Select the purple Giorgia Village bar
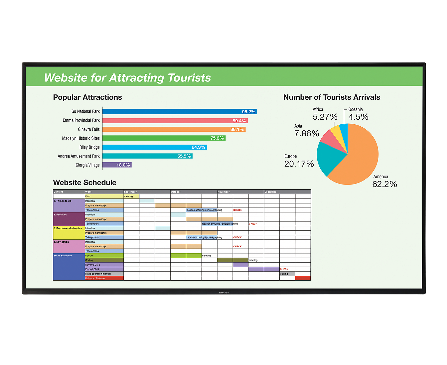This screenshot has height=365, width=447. [117, 165]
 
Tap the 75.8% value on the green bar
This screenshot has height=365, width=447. [217, 138]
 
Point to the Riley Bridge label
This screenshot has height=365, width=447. [89, 147]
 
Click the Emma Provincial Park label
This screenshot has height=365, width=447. [81, 120]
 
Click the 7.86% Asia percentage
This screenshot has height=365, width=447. [307, 134]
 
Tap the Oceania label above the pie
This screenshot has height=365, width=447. [356, 109]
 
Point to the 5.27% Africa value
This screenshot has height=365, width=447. [325, 117]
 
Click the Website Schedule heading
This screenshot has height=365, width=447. [85, 182]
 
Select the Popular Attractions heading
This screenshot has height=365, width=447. [87, 97]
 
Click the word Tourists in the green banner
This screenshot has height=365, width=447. [189, 78]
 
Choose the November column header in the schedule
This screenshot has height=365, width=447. [223, 192]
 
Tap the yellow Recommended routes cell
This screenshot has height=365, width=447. [69, 233]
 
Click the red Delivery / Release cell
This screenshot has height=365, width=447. [104, 278]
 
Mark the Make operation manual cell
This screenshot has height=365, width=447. [104, 274]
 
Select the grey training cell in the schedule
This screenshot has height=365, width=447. [287, 274]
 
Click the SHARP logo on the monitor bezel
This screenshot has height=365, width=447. [224, 293]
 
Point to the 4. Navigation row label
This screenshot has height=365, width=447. [69, 246]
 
